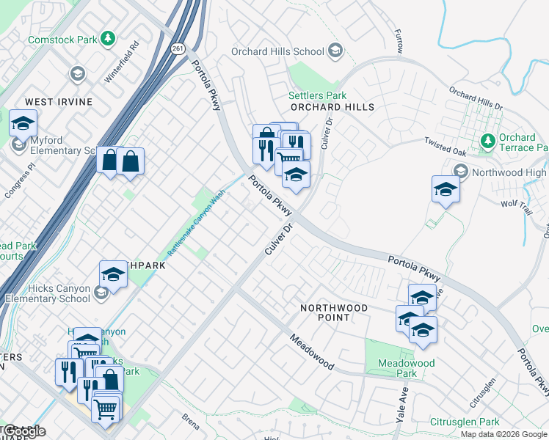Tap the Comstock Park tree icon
108,37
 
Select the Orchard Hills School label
277,51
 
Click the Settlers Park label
317,95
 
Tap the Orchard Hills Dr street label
476,100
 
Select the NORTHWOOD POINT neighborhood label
334,309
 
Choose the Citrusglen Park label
465,422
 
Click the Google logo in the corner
23,431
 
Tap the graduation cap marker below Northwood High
446,190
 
